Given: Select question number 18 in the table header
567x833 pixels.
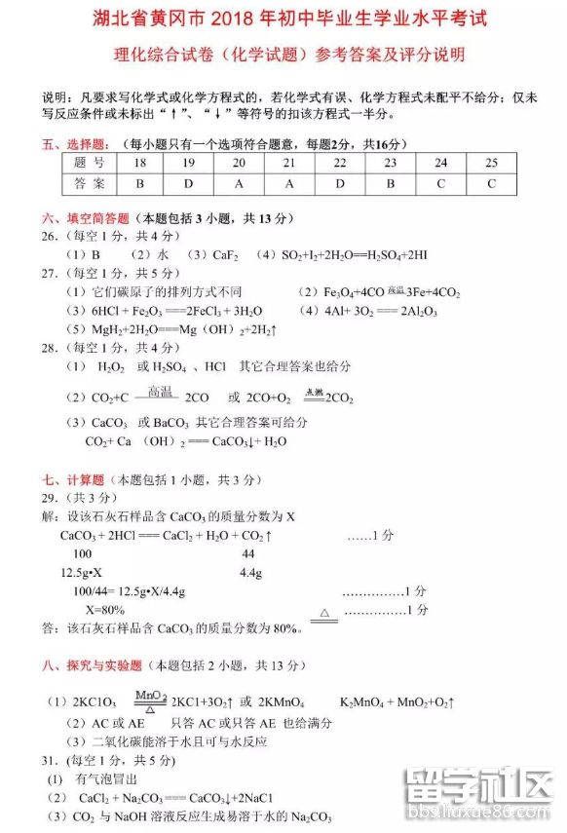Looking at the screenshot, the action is point(140,163).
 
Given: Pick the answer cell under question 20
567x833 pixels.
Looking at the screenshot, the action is point(240,183).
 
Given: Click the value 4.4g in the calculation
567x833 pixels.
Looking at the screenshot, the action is point(251,572).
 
